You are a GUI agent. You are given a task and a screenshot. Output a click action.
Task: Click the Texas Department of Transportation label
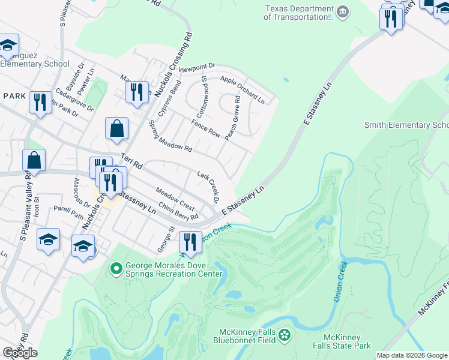pos(298,13)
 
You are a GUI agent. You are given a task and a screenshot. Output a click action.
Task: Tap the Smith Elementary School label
pos(406,125)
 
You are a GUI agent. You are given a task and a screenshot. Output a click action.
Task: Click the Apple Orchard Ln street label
pos(243,89)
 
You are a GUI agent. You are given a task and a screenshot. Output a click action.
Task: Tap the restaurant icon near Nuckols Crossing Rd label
pos(137,92)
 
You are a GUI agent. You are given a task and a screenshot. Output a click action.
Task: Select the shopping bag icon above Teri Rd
pos(116,129)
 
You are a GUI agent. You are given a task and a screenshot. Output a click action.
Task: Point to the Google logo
pos(20,353)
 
